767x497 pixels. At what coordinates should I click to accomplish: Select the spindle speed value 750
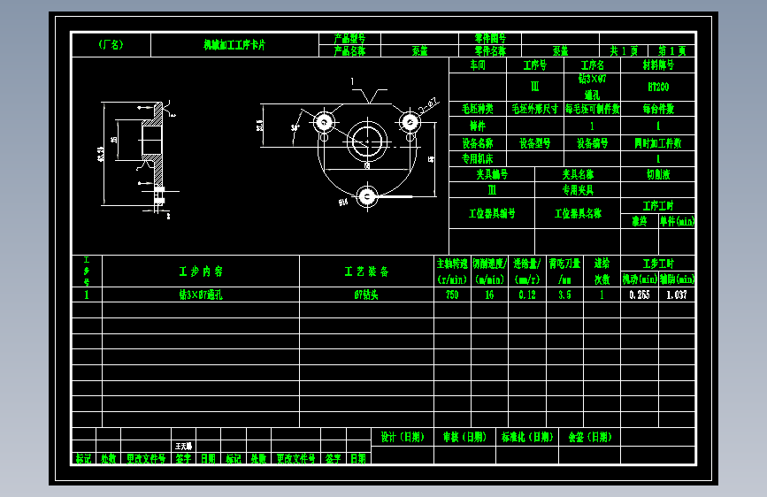452,295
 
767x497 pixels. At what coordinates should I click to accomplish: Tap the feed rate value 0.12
527,295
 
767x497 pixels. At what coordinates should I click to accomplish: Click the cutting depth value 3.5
564,295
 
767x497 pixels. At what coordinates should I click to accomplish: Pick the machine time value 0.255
639,295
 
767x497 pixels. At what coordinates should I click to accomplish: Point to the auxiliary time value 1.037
678,295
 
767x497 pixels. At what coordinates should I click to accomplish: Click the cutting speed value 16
489,295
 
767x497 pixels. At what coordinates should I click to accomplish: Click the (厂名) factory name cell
111,44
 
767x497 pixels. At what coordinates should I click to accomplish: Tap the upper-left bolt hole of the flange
325,121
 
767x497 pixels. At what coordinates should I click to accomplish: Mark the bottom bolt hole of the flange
366,195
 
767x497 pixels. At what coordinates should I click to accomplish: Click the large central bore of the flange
364,139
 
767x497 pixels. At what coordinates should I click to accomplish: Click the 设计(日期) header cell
402,437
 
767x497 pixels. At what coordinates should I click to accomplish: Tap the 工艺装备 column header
366,271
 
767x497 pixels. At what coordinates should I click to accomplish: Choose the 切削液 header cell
657,174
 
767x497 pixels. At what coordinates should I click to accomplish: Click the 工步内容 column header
201,271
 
